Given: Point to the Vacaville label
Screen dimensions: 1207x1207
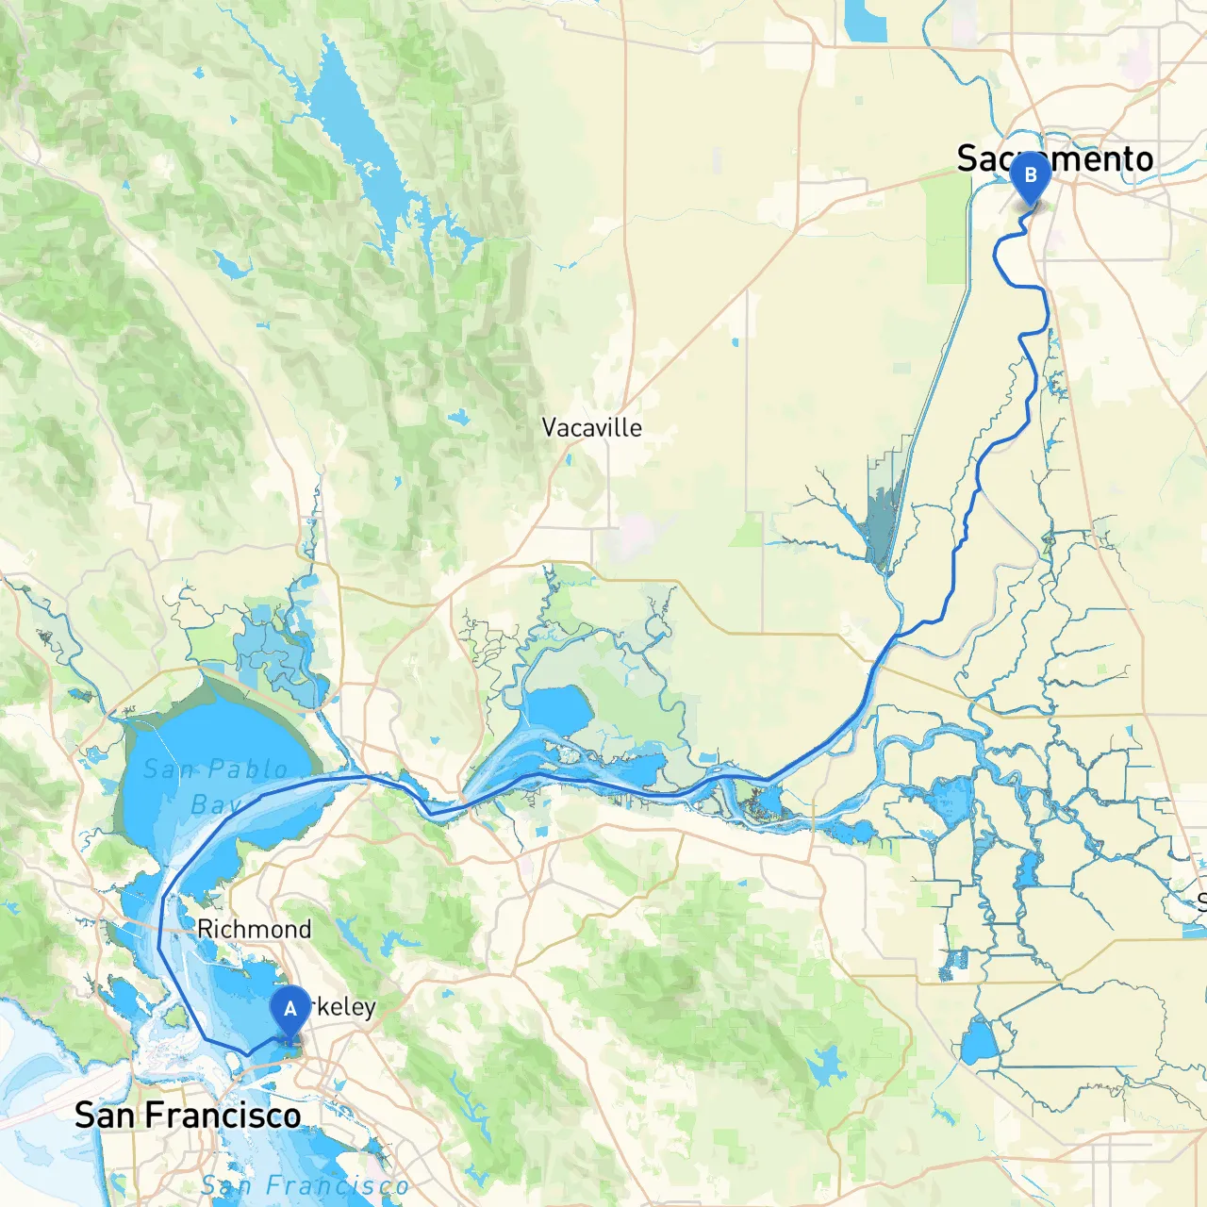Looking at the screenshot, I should coord(591,428).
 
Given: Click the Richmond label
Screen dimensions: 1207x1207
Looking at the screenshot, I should coord(254,930).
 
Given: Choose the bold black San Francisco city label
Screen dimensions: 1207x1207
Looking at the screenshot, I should coord(188,1116).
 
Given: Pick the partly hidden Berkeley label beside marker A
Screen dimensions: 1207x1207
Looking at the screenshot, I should coord(345,1007).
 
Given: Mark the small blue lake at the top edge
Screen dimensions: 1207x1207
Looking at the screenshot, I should coord(866,21).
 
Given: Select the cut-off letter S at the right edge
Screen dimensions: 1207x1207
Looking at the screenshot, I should coord(1201,901).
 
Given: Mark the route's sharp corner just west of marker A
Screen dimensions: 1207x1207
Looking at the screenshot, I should coord(247,1053).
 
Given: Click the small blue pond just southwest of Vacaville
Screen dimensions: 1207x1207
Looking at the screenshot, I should coord(459,416).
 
